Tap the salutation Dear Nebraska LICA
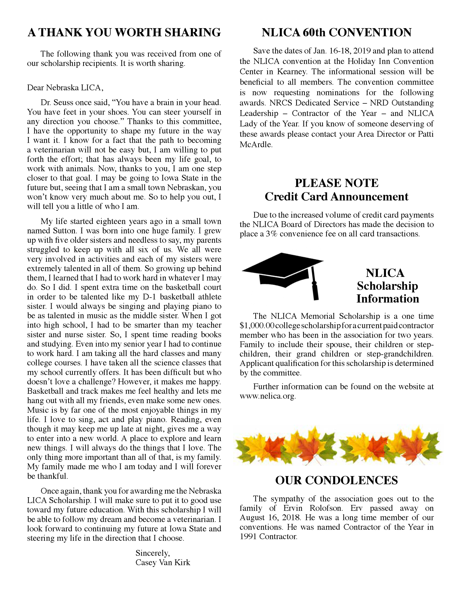pyautogui.click(x=65, y=88)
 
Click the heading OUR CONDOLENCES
pyautogui.click(x=336, y=480)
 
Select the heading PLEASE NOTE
pyautogui.click(x=336, y=183)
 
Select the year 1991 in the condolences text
pyautogui.click(x=248, y=537)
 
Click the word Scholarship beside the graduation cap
pyautogui.click(x=387, y=286)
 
